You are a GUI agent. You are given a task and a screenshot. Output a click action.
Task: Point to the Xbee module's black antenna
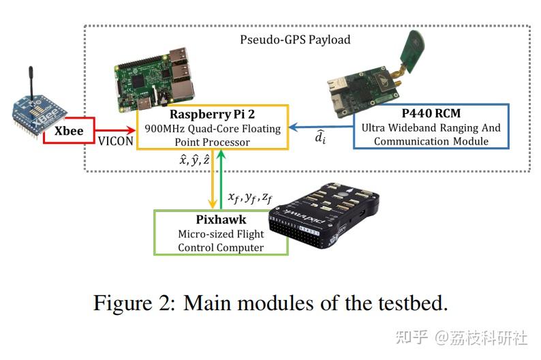pyautogui.click(x=31, y=80)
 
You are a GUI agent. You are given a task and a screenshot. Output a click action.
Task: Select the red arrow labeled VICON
pyautogui.click(x=116, y=130)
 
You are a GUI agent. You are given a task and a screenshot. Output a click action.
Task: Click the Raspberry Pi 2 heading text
pyautogui.click(x=212, y=113)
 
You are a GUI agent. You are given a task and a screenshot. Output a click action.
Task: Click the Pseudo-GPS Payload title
pyautogui.click(x=295, y=40)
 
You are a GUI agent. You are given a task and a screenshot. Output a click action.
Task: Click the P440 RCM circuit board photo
pyautogui.click(x=360, y=89)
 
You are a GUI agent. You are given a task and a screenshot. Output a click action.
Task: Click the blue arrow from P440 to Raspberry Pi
pyautogui.click(x=320, y=127)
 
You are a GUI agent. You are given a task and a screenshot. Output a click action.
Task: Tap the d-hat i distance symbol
pyautogui.click(x=320, y=139)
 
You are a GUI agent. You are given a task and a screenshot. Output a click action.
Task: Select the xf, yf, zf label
pyautogui.click(x=249, y=198)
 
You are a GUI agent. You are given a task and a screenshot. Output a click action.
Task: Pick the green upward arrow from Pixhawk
pyautogui.click(x=222, y=181)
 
